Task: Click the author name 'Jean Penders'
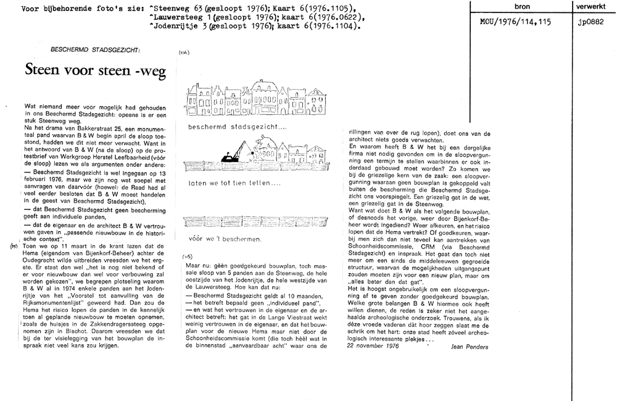tap(470, 347)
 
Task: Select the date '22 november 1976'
tap(374, 346)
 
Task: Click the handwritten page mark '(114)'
tap(183, 53)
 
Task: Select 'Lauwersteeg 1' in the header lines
tap(181, 18)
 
